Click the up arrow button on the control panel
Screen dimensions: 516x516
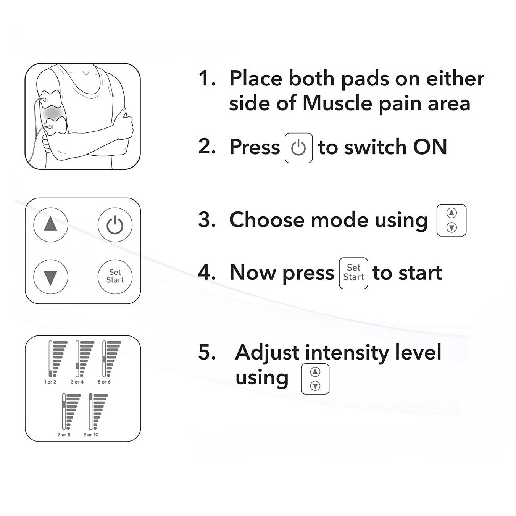(51, 225)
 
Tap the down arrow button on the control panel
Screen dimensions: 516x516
(51, 277)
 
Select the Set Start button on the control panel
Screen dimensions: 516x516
(115, 277)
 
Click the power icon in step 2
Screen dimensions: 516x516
(298, 148)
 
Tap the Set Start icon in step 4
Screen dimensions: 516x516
(353, 273)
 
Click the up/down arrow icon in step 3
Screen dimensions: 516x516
(451, 220)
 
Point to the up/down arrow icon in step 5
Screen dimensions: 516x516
(315, 379)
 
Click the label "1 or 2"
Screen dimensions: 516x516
(50, 382)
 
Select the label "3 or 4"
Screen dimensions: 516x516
(77, 382)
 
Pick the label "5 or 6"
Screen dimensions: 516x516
(104, 382)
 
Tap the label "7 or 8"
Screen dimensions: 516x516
(64, 435)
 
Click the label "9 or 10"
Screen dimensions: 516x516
(91, 435)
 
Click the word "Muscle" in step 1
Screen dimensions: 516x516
(337, 103)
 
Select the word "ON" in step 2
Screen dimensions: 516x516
(430, 147)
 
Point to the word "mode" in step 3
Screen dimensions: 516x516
(340, 220)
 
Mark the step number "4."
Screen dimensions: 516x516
(207, 273)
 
